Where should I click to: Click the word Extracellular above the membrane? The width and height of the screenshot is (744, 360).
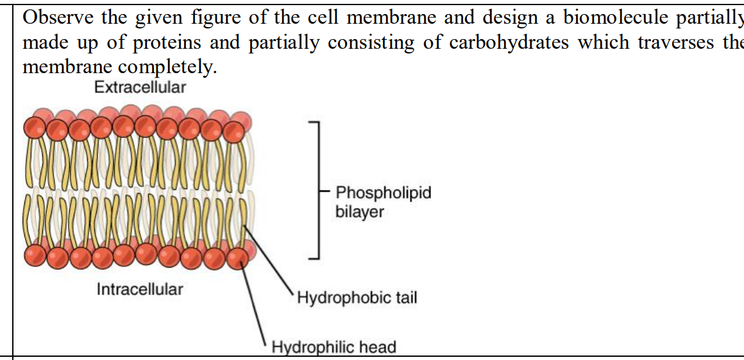click(140, 88)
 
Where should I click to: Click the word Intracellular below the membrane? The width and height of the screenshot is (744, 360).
click(140, 289)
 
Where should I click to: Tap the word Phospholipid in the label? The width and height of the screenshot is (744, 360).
click(384, 193)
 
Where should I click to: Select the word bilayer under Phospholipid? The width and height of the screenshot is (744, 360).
click(360, 212)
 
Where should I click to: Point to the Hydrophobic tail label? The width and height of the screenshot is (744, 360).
click(357, 298)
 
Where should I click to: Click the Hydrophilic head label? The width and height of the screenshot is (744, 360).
click(334, 348)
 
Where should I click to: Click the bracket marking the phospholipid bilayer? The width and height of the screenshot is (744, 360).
click(314, 191)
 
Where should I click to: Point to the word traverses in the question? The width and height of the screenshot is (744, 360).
click(654, 42)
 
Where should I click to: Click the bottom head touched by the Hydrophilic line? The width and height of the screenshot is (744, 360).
click(238, 259)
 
